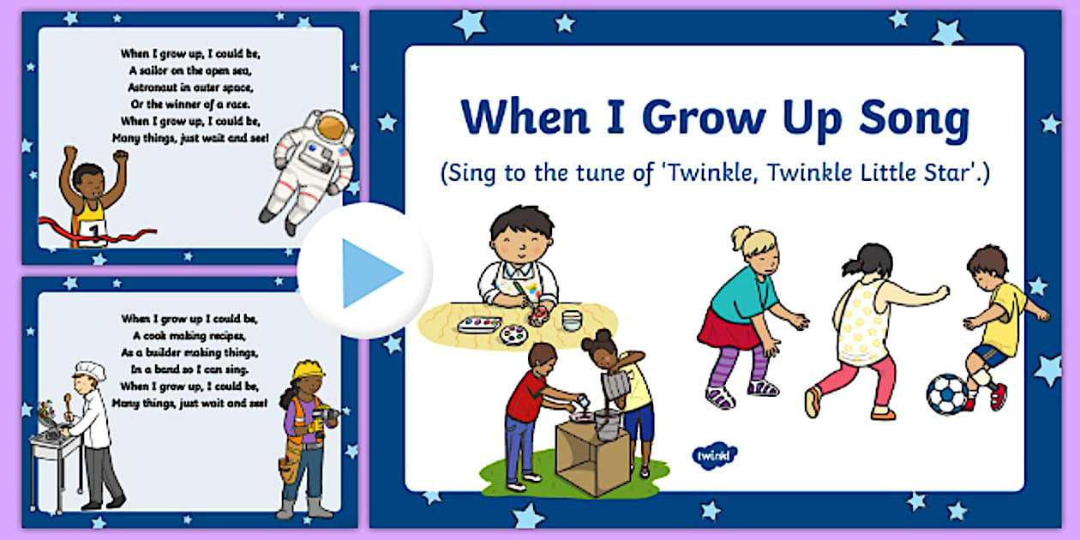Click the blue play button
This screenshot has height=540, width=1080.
pyautogui.click(x=365, y=272)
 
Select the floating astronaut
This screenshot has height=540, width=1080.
pyautogui.click(x=309, y=167)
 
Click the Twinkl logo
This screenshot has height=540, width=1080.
pyautogui.click(x=713, y=453)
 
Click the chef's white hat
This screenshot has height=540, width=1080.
pyautogui.click(x=89, y=371)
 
